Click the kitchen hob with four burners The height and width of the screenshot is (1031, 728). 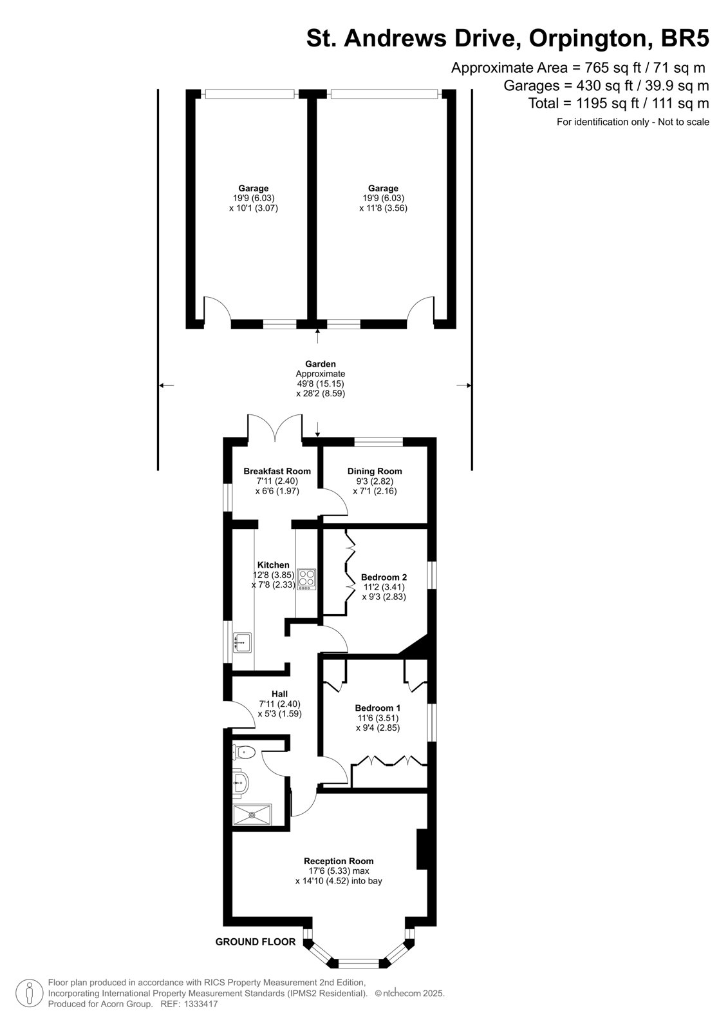pyautogui.click(x=307, y=579)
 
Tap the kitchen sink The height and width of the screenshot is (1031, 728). pyautogui.click(x=242, y=642)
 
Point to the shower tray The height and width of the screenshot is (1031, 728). pyautogui.click(x=252, y=814)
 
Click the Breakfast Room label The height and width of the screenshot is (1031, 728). pyautogui.click(x=277, y=471)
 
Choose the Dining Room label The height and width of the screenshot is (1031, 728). pyautogui.click(x=375, y=471)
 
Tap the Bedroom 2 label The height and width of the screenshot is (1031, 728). pyautogui.click(x=384, y=577)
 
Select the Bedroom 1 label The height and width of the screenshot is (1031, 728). pyautogui.click(x=378, y=708)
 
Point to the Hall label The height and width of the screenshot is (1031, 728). pyautogui.click(x=279, y=693)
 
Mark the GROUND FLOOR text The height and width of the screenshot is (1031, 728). pyautogui.click(x=256, y=941)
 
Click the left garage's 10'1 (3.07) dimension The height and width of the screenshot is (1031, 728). pyautogui.click(x=254, y=207)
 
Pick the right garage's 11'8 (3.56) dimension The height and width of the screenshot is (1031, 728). pyautogui.click(x=383, y=207)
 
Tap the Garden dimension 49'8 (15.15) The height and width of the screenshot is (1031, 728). pyautogui.click(x=320, y=383)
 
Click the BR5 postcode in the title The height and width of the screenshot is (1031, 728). pyautogui.click(x=685, y=38)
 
